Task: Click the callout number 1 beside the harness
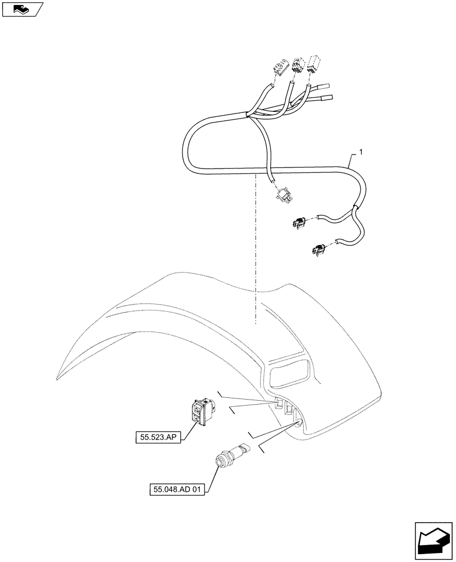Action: pos(361,152)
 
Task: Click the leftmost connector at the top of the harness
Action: pos(279,68)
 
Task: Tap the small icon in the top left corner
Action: pos(22,8)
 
